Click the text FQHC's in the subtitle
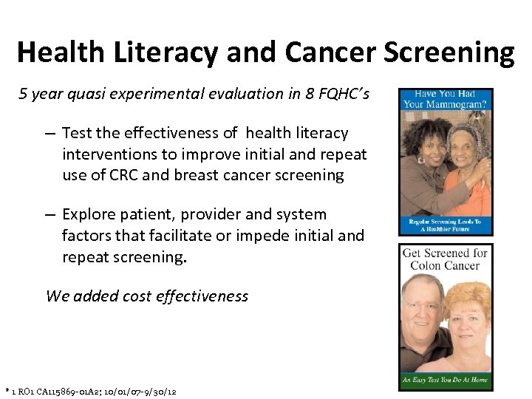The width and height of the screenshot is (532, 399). pyautogui.click(x=344, y=94)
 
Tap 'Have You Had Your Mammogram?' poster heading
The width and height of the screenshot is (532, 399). pyautogui.click(x=445, y=99)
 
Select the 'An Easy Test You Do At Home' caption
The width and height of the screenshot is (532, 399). pyautogui.click(x=445, y=381)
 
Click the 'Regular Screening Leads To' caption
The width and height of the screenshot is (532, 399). pyautogui.click(x=445, y=222)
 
